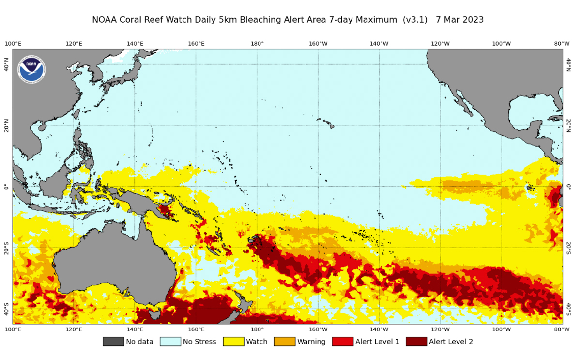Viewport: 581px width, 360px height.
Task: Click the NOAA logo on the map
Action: pos(31,69)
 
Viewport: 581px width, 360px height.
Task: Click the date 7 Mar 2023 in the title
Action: pos(459,20)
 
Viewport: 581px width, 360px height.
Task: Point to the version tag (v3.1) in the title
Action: pos(415,20)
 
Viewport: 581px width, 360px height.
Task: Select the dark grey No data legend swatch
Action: pos(113,342)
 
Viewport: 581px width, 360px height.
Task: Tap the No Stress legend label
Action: pos(199,342)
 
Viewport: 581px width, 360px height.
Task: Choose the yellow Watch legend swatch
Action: pos(233,342)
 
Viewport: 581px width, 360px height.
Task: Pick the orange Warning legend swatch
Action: pos(284,342)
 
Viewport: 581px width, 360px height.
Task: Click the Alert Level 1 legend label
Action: pos(377,342)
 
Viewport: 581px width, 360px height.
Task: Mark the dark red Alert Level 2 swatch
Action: pos(416,342)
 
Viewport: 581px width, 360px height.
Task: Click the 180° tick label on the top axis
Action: pos(257,44)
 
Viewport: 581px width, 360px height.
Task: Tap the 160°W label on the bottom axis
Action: pos(318,329)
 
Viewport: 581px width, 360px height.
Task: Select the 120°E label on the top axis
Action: pos(74,44)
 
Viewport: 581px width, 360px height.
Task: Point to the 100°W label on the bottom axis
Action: pos(501,329)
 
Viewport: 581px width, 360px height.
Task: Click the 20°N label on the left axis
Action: pos(6,125)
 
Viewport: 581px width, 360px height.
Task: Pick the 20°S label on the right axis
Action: pos(568,248)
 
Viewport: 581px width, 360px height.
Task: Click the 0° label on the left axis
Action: pos(6,187)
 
